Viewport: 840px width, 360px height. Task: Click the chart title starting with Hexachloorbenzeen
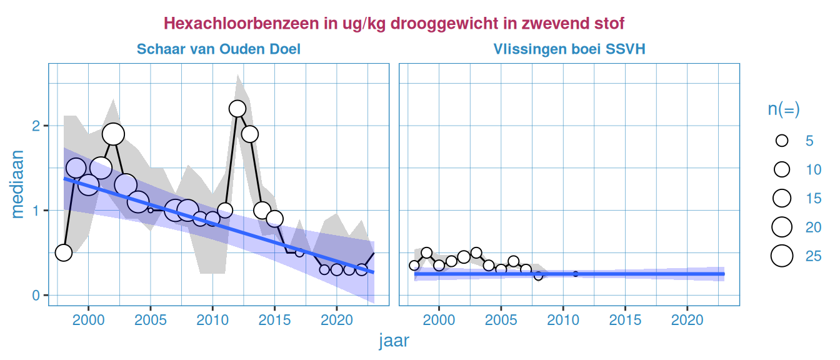coord(394,24)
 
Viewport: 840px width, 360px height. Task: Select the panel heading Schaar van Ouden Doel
coord(219,49)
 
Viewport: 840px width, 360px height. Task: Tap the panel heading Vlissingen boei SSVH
coord(569,49)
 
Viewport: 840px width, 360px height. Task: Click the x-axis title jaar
coord(394,341)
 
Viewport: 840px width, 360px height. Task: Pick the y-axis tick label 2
coord(36,126)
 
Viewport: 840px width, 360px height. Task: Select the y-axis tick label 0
coord(36,295)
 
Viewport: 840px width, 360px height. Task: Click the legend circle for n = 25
coord(782,256)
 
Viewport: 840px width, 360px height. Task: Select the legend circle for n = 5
coord(782,141)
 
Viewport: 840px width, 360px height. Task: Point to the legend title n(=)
coord(784,109)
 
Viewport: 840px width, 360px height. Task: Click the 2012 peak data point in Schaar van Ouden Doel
coord(237,109)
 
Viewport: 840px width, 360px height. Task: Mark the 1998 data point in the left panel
coord(64,252)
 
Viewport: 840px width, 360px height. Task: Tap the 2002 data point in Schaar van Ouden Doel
coord(113,134)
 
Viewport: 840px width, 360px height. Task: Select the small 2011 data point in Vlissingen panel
coord(576,274)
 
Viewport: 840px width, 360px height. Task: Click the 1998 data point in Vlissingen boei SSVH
coord(414,266)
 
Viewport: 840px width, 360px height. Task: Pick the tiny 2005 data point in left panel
coord(151,210)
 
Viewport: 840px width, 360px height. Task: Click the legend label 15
coord(813,199)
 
